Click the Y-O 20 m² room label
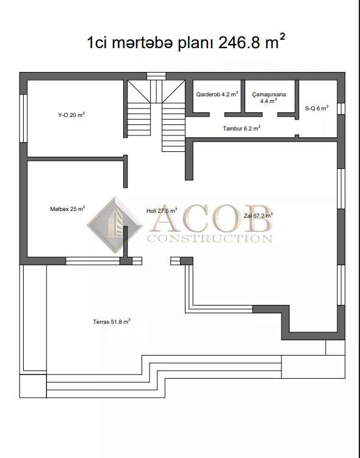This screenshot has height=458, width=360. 71,115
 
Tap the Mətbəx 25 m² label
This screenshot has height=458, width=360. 68,209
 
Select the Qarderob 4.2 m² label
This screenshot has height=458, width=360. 217,95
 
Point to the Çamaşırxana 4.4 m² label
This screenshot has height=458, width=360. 269,98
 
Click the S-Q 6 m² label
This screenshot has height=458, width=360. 317,108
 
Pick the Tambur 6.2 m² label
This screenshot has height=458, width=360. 242,128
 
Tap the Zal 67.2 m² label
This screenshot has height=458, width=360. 258,215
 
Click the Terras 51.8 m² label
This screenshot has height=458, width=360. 112,321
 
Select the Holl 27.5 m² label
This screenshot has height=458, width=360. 162,210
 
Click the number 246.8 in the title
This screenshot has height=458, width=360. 239,43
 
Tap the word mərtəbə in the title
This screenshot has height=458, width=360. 142,43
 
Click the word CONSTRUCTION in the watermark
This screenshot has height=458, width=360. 210,238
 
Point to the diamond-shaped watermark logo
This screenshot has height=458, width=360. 115,225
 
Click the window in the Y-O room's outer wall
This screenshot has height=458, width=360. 23,118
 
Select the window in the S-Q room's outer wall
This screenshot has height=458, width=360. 341,109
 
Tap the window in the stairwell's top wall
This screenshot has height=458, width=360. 156,76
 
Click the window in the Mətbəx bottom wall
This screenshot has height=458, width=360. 93,261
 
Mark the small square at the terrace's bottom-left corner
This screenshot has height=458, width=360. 33,386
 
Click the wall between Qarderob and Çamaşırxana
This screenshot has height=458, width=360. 243,97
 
